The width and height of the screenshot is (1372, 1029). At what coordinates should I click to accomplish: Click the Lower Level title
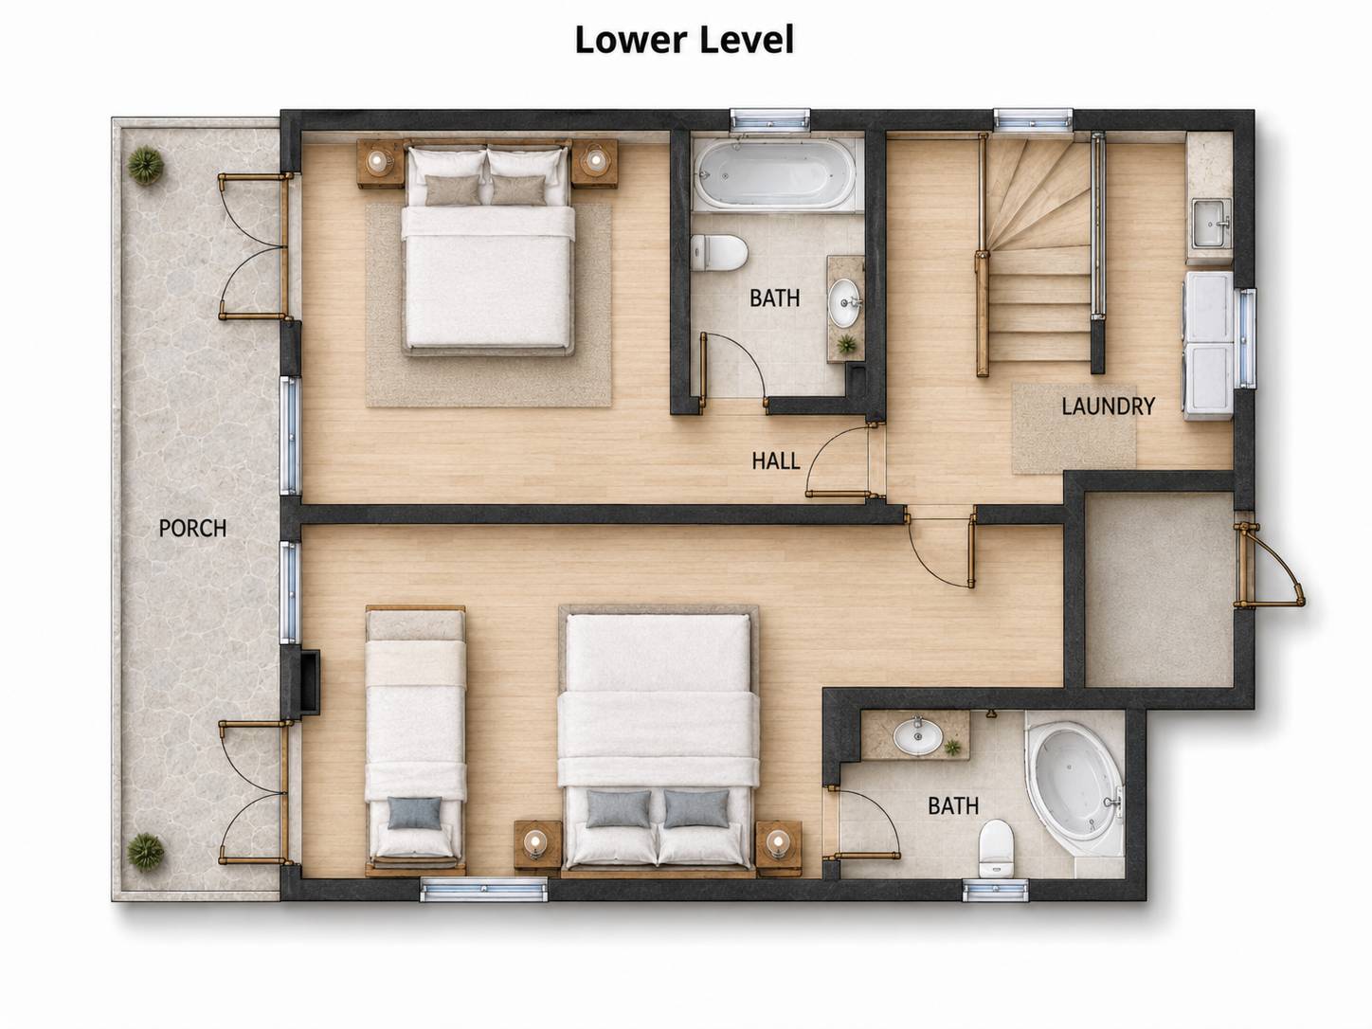(x=684, y=40)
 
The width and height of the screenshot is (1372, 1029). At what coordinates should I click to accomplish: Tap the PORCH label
(x=192, y=529)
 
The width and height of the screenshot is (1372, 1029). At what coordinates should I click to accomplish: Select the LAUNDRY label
(x=1109, y=406)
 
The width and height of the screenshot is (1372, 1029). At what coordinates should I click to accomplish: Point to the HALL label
(x=776, y=461)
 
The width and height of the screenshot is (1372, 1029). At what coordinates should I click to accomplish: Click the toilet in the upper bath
(x=719, y=252)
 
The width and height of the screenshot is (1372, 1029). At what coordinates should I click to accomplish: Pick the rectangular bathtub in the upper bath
(x=776, y=174)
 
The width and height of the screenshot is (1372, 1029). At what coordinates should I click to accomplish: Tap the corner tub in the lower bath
(x=1075, y=790)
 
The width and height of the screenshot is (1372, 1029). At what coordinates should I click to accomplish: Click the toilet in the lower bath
(x=995, y=848)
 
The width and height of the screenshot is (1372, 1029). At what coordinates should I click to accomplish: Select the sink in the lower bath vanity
(x=917, y=736)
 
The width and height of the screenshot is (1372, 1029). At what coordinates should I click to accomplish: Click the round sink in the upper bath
(x=844, y=303)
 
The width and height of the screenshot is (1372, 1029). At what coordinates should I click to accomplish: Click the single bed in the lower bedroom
(x=416, y=739)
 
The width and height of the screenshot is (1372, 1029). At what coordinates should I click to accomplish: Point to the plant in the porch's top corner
(x=146, y=165)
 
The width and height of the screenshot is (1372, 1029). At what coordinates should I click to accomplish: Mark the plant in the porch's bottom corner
(x=146, y=851)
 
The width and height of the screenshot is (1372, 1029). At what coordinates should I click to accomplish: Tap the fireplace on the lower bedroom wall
(x=310, y=681)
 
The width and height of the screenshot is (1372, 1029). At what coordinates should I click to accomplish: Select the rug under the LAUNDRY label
(x=1074, y=428)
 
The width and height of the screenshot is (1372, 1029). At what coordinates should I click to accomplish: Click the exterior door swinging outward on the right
(x=1269, y=566)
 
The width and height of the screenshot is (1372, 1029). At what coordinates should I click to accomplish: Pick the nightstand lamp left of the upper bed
(x=376, y=161)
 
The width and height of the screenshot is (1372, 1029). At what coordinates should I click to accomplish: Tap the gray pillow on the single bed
(x=414, y=813)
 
